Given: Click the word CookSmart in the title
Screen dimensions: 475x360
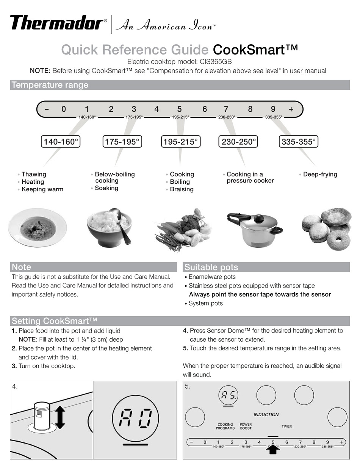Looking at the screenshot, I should click(x=255, y=50).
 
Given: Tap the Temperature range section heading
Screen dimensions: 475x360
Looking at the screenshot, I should click(x=50, y=85).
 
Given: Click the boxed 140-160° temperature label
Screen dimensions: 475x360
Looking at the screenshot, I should click(x=61, y=142).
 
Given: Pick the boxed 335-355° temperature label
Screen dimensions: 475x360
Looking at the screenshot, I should click(x=298, y=142).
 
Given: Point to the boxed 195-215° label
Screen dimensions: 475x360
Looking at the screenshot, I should click(x=180, y=142).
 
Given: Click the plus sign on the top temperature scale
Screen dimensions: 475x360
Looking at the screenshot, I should click(x=291, y=109).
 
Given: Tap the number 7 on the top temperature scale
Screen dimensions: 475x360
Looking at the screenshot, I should click(x=226, y=109).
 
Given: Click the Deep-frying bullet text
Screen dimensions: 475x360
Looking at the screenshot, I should click(x=320, y=174).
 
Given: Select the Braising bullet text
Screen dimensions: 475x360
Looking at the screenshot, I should click(x=182, y=189).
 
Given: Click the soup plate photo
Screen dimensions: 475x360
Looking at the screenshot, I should click(x=38, y=228).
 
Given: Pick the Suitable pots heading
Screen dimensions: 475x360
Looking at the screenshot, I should click(x=211, y=267).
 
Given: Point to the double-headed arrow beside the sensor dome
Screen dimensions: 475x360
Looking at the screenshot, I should click(x=60, y=418).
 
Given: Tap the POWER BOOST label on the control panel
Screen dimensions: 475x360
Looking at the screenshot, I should click(x=246, y=426).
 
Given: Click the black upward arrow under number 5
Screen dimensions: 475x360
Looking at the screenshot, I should click(x=273, y=450).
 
